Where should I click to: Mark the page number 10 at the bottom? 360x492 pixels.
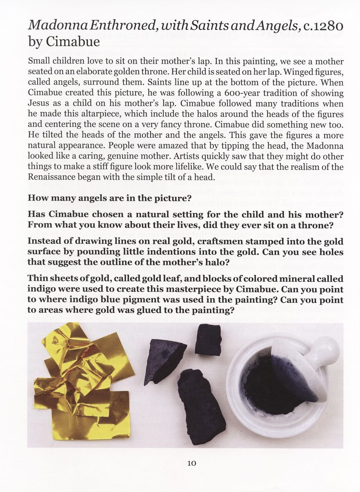click(x=191, y=463)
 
